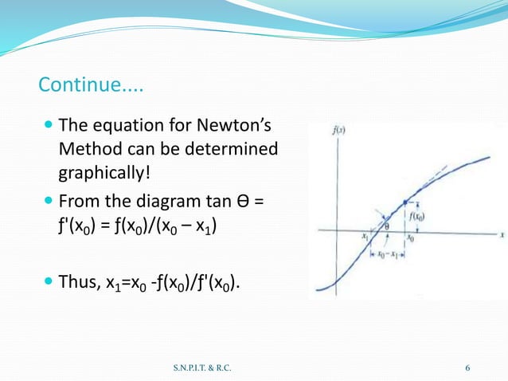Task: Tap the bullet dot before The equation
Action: pos(49,125)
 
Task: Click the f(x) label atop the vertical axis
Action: pos(338,129)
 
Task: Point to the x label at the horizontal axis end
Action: pos(502,235)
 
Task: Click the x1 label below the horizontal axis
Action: pos(365,238)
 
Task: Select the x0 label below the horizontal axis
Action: pos(410,238)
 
